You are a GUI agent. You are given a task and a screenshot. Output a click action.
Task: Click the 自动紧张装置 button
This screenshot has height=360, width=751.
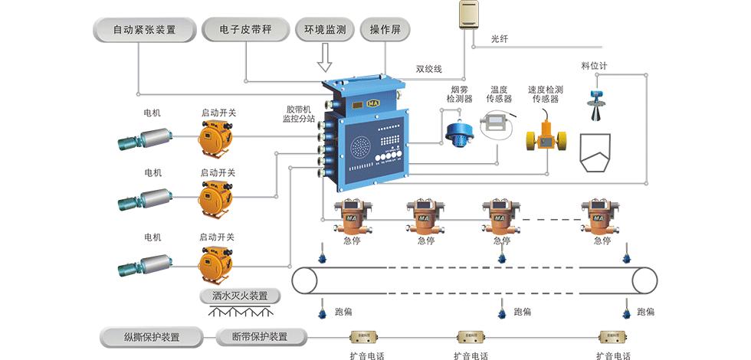144,31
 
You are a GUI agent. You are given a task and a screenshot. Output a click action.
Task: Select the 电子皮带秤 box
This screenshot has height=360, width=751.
246,31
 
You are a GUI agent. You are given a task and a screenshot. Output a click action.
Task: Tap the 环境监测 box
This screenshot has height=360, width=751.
324,31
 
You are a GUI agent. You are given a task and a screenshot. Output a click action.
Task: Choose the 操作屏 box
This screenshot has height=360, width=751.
385,31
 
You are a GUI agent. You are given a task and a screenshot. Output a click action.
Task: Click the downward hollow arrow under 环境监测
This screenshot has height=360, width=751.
324,57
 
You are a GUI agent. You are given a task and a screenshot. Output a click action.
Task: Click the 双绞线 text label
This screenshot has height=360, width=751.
428,69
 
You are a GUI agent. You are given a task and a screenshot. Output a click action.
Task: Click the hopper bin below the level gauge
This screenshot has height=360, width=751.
595,153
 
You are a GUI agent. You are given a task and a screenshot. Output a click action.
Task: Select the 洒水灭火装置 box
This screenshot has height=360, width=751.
239,296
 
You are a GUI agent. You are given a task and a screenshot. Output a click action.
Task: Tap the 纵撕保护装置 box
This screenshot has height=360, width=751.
152,337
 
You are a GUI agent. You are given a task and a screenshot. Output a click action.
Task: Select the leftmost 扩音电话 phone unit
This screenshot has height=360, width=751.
365,337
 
